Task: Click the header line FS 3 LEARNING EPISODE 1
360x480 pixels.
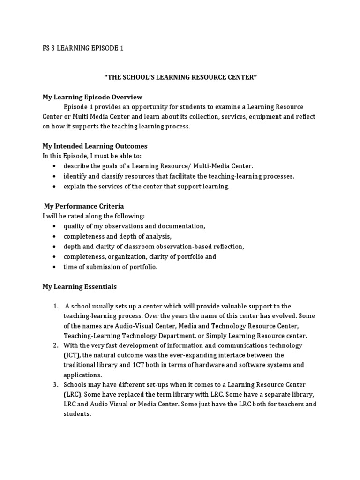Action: (x=83, y=48)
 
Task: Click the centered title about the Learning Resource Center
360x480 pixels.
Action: (x=180, y=77)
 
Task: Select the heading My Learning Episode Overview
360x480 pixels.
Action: (x=92, y=97)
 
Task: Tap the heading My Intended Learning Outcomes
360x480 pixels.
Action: (x=95, y=146)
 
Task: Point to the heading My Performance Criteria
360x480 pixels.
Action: (x=84, y=206)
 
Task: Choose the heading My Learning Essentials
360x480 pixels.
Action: (x=80, y=286)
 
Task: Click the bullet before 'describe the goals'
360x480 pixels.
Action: (x=55, y=166)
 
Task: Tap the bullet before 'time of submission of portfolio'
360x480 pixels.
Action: (x=55, y=267)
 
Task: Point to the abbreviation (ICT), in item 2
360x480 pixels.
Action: (x=73, y=355)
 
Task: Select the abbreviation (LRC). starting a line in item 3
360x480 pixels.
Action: (x=73, y=395)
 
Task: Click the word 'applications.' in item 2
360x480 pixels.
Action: (x=82, y=375)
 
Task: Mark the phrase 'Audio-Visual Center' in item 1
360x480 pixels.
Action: (x=144, y=326)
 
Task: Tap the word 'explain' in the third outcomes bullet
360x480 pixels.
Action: (x=75, y=186)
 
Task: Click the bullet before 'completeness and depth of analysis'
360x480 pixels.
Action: (x=55, y=236)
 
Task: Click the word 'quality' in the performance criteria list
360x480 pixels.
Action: (x=74, y=226)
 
